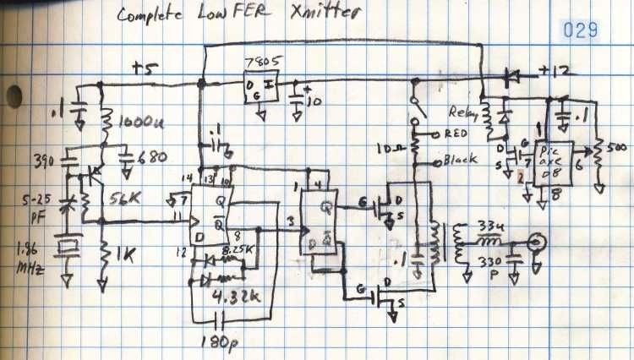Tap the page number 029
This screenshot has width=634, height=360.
point(582,30)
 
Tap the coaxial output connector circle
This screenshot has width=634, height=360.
point(534,246)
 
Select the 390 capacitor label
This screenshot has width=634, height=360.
point(42,160)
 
